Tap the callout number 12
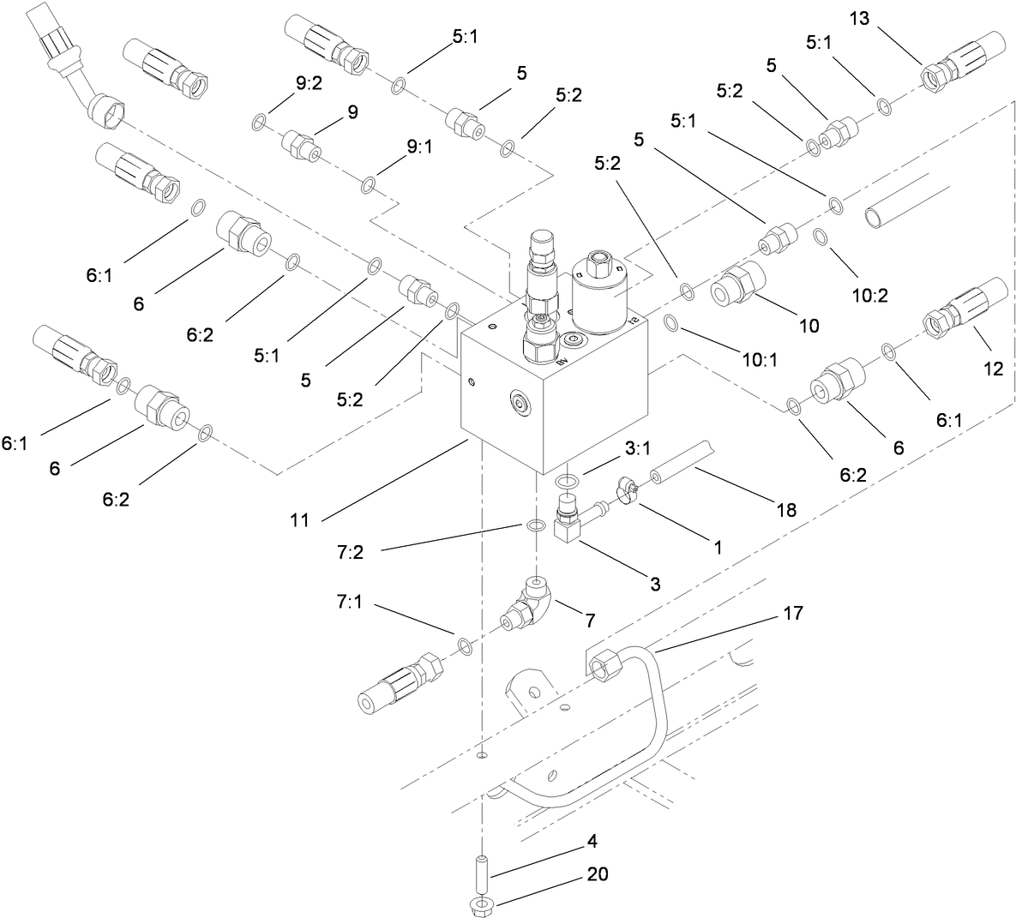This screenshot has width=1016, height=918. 994,368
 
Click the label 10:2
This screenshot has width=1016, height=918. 869,296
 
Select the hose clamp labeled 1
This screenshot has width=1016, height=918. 626,495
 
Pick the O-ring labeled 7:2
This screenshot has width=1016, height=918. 535,525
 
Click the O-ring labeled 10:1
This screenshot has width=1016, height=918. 672,322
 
